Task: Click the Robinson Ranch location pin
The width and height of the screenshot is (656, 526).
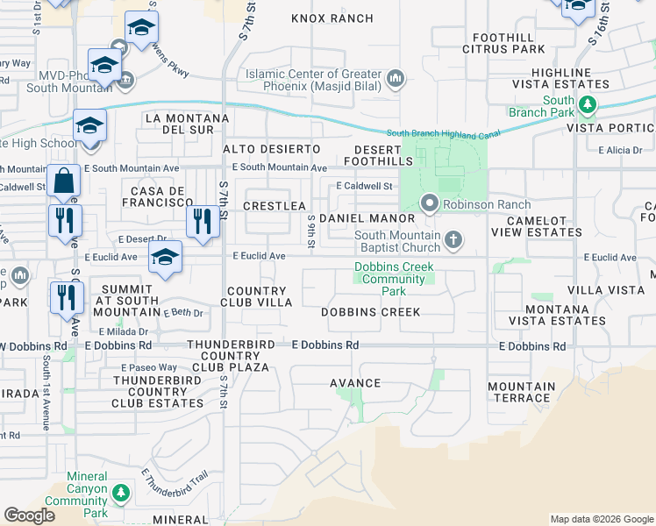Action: tap(429, 203)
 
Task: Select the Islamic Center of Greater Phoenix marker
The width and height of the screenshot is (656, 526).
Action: tap(396, 80)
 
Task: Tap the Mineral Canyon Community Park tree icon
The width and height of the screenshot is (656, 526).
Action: tap(119, 495)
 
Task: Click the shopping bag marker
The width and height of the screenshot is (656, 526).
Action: tap(64, 182)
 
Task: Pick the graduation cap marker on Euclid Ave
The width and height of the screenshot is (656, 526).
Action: tap(165, 258)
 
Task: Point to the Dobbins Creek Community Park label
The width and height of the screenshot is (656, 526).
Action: tap(394, 279)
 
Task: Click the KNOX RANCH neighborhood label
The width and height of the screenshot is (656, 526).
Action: tap(332, 18)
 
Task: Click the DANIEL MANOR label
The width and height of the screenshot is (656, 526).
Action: tap(367, 217)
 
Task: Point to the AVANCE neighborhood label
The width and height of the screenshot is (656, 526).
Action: tap(354, 383)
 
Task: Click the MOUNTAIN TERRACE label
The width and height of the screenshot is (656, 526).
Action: tap(521, 392)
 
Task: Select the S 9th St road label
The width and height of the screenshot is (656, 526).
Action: tap(311, 231)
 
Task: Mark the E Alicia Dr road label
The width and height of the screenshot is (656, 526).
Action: tap(620, 150)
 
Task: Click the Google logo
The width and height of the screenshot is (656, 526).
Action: tap(30, 515)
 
